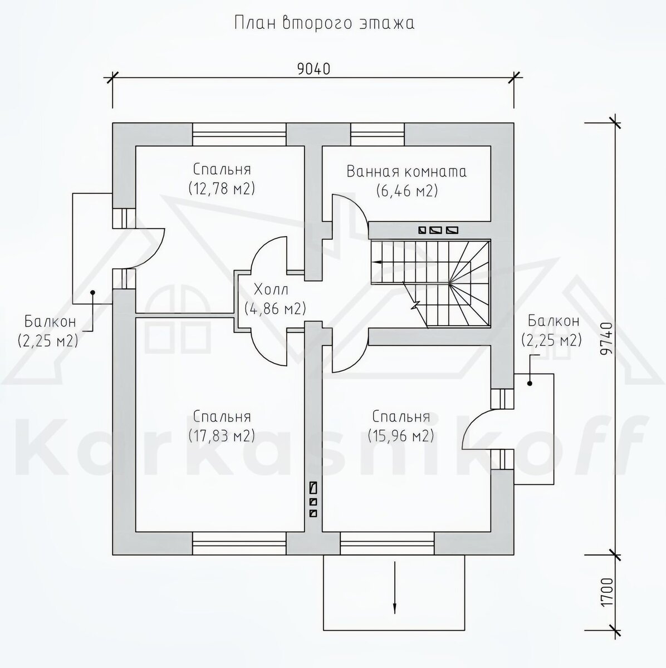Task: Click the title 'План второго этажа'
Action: [x=324, y=23]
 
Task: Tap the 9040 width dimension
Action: [x=314, y=70]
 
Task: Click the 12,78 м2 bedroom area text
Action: [x=222, y=189]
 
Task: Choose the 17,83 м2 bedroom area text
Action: [x=222, y=436]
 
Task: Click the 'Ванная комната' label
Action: [x=407, y=172]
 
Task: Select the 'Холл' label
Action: [x=271, y=289]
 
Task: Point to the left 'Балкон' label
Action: [x=50, y=322]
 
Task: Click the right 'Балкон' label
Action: [x=554, y=321]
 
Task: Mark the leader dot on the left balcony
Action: [x=92, y=293]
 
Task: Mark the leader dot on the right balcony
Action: [x=530, y=384]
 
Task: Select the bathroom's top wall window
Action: [x=378, y=135]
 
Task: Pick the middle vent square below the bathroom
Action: [x=434, y=230]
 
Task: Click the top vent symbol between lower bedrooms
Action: [x=313, y=488]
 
